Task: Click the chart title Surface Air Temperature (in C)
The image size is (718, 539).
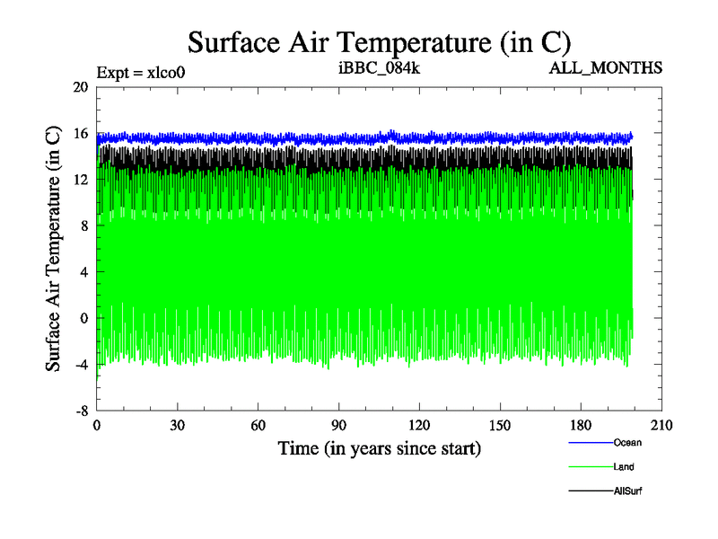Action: [x=379, y=42]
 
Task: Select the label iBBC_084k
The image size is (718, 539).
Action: [x=369, y=68]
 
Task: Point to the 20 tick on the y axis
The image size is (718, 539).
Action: [x=81, y=87]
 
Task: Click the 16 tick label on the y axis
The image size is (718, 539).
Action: [x=81, y=134]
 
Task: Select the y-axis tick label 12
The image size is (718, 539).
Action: [x=81, y=180]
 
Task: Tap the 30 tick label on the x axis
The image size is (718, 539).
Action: [x=178, y=426]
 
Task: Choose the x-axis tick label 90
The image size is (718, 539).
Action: [x=339, y=426]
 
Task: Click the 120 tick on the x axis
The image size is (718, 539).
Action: [x=420, y=426]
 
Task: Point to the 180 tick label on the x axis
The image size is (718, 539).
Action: [x=582, y=426]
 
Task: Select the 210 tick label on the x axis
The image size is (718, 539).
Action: [x=661, y=426]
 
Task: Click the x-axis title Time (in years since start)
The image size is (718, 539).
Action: [x=379, y=447]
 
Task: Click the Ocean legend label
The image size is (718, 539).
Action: [x=627, y=442]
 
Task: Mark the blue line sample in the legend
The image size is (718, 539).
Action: [x=590, y=443]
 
